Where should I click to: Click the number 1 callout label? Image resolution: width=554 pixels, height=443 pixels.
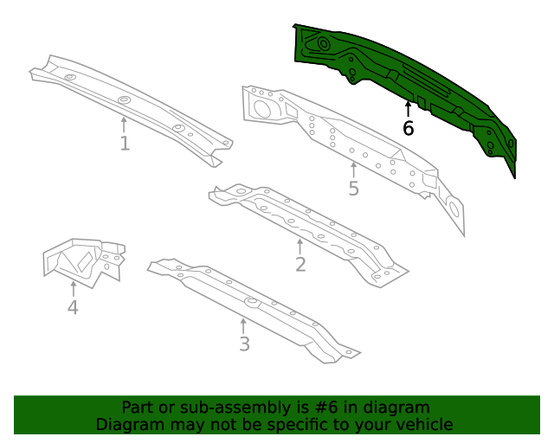coord(125,144)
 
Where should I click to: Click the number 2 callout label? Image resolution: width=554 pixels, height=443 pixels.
coord(300,265)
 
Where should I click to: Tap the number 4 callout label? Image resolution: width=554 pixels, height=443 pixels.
coord(73,307)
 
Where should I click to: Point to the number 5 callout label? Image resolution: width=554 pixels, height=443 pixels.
coord(353,188)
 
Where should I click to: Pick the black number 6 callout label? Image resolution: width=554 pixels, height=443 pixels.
coord(409,129)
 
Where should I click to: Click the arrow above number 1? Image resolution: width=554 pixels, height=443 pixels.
coord(125,125)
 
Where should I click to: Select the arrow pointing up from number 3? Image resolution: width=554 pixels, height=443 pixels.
coord(244,325)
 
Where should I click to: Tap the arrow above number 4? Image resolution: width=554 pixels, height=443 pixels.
coord(73,288)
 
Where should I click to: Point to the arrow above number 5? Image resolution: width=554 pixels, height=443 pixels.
coord(353,169)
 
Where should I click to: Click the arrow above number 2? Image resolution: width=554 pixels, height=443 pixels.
coord(300,246)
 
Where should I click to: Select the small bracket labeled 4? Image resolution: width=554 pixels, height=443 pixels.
coord(82,260)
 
